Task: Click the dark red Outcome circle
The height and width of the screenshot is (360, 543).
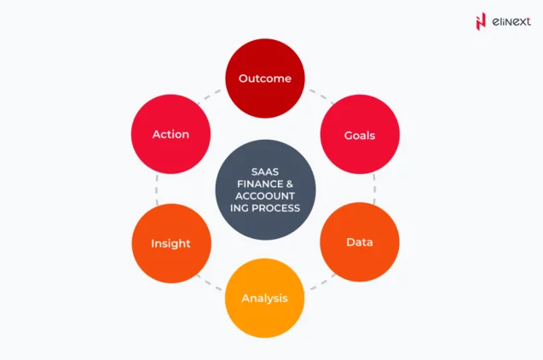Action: pos(264,78)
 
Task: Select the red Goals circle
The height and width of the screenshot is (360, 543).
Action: pos(359,135)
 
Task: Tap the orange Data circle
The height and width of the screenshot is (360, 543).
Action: pos(359,242)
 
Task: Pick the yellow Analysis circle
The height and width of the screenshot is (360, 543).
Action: pos(264,299)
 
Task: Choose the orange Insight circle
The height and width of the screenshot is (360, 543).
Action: pos(170,243)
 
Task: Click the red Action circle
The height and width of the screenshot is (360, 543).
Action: pos(170,135)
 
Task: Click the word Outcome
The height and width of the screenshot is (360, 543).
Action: pos(264,78)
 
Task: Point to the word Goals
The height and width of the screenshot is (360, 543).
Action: pos(359,136)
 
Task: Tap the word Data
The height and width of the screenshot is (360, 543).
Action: pos(359,242)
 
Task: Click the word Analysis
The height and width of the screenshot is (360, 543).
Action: pos(264,299)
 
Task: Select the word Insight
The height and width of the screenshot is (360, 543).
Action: pos(170,244)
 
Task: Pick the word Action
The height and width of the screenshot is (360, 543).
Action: pos(170,135)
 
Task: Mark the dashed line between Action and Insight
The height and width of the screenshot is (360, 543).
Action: pos(157,189)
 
